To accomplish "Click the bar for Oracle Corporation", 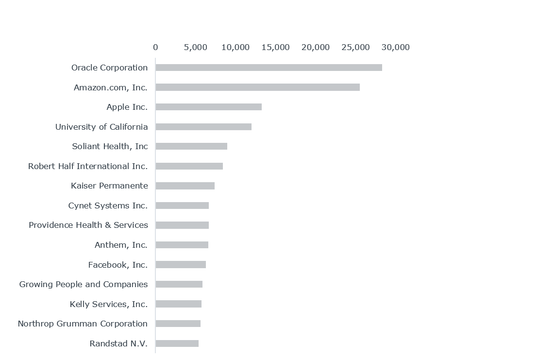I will pos(269,68).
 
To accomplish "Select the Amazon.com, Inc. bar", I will pos(257,87).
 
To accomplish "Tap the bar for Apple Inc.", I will pos(208,107).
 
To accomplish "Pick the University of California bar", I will pos(203,127).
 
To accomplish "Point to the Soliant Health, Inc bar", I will pos(191,146).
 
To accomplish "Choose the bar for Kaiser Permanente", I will pos(185,186).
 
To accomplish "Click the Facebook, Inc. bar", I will pos(181,264).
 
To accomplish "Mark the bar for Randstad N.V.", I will pos(177,343).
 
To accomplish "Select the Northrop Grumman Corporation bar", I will pos(178,324).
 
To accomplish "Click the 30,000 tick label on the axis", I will pos(395,48).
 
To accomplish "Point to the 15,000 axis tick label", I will pos(275,48).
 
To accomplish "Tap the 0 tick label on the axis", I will pos(155,48).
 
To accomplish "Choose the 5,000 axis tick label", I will pos(196,48).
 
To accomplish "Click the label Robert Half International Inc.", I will pos(88,166).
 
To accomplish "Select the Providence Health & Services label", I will pos(88,225).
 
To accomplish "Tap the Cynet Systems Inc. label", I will pos(108,206).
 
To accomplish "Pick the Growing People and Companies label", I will pos(84,284).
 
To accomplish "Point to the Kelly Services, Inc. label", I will pos(109,304).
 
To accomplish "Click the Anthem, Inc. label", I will pos(121,245).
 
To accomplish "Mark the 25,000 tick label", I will pos(355,48).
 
